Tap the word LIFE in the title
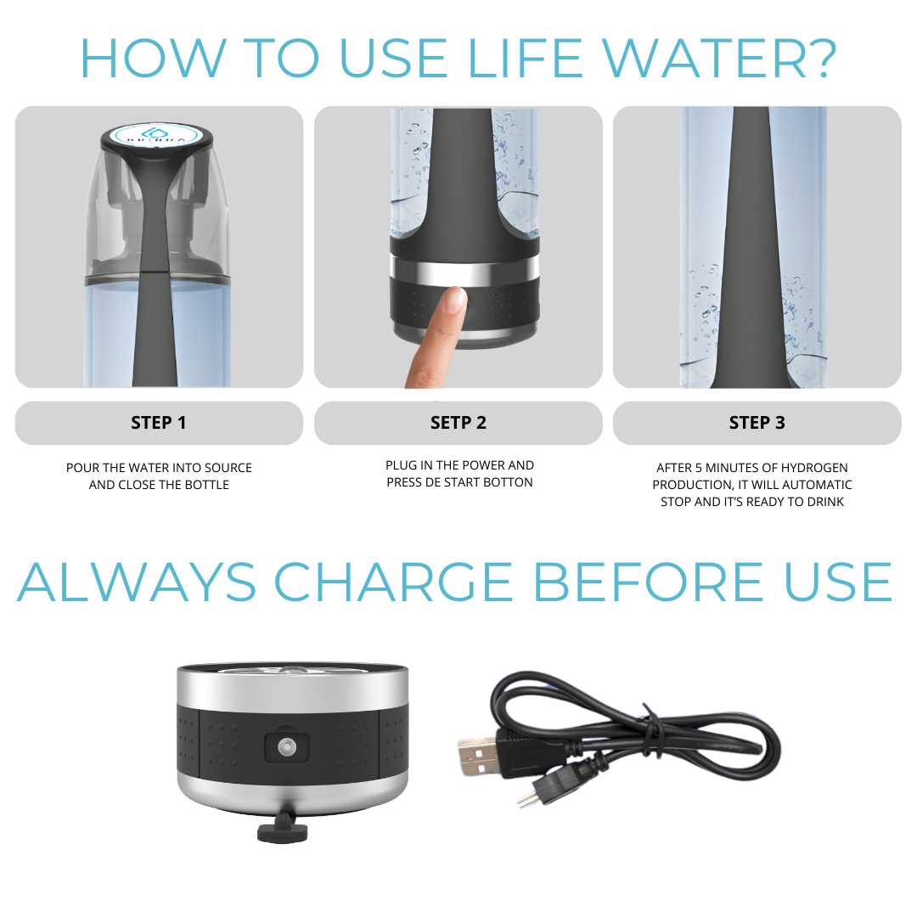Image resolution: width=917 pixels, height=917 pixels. pos(525,59)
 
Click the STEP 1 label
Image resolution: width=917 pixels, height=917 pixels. pos(159,423)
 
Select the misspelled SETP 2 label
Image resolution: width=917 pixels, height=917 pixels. pos(458,423)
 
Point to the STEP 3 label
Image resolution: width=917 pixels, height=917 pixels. pos(757,423)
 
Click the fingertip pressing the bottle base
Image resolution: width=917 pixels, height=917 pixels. pos(453,298)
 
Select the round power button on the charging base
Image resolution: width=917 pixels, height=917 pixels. pos(287,746)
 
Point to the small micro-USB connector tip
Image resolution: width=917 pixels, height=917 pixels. pos(526,799)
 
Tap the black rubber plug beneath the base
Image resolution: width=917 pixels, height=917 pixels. pos(283,830)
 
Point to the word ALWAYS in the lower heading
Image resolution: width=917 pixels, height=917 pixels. pos(137,582)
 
